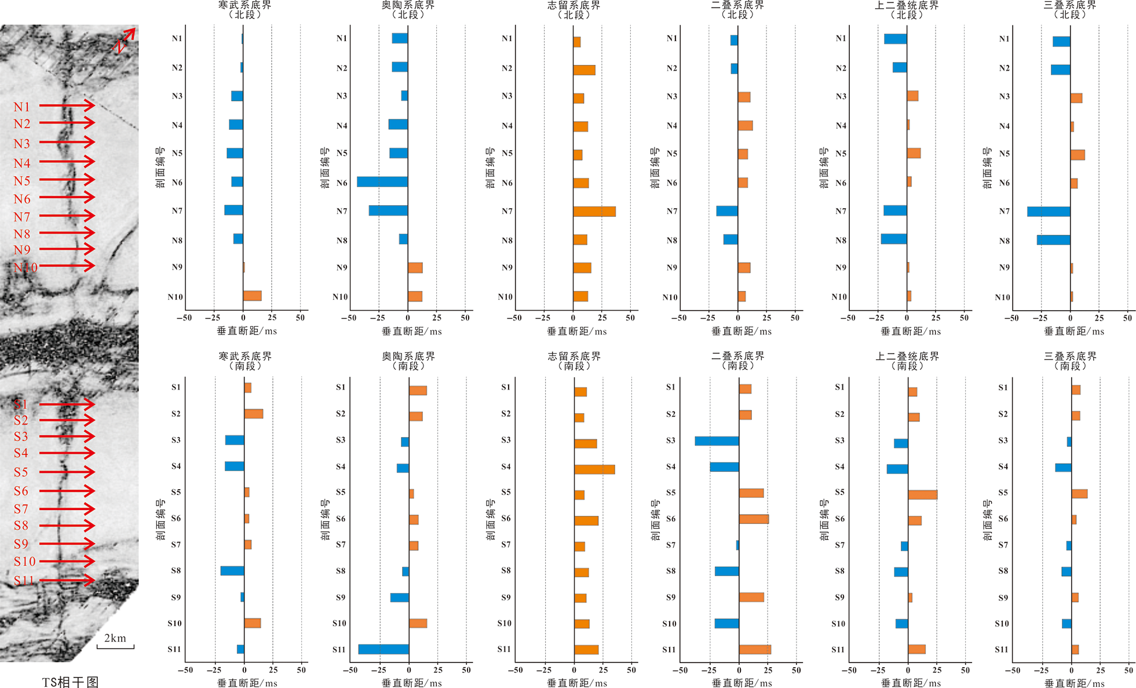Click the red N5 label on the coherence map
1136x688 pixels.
pyautogui.click(x=22, y=181)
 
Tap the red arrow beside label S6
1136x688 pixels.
pyautogui.click(x=67, y=491)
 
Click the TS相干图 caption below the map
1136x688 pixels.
pyautogui.click(x=70, y=682)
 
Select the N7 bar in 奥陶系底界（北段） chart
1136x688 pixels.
pyautogui.click(x=388, y=210)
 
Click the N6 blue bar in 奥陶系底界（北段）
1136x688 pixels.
pyautogui.click(x=382, y=182)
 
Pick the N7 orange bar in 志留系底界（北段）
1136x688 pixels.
pyautogui.click(x=594, y=212)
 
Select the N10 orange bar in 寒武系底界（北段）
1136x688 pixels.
pyautogui.click(x=252, y=296)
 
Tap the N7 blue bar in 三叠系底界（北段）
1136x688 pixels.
pyautogui.click(x=1049, y=212)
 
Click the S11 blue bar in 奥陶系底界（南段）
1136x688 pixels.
pyautogui.click(x=383, y=649)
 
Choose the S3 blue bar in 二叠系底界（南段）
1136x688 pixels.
pyautogui.click(x=717, y=441)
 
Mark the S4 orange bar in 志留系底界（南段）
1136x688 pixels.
pyautogui.click(x=594, y=469)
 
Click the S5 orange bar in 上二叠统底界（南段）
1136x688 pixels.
pyautogui.click(x=922, y=494)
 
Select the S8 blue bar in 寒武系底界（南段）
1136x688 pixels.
pyautogui.click(x=232, y=571)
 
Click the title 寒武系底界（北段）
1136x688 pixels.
pyautogui.click(x=245, y=10)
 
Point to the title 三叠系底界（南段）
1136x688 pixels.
pyautogui.click(x=1070, y=361)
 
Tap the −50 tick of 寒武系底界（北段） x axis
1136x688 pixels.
pyautogui.click(x=184, y=318)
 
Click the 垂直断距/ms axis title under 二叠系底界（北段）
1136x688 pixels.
pyautogui.click(x=741, y=332)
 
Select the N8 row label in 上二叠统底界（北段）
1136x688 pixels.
pyautogui.click(x=841, y=240)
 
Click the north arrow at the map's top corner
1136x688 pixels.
pyautogui.click(x=126, y=39)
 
